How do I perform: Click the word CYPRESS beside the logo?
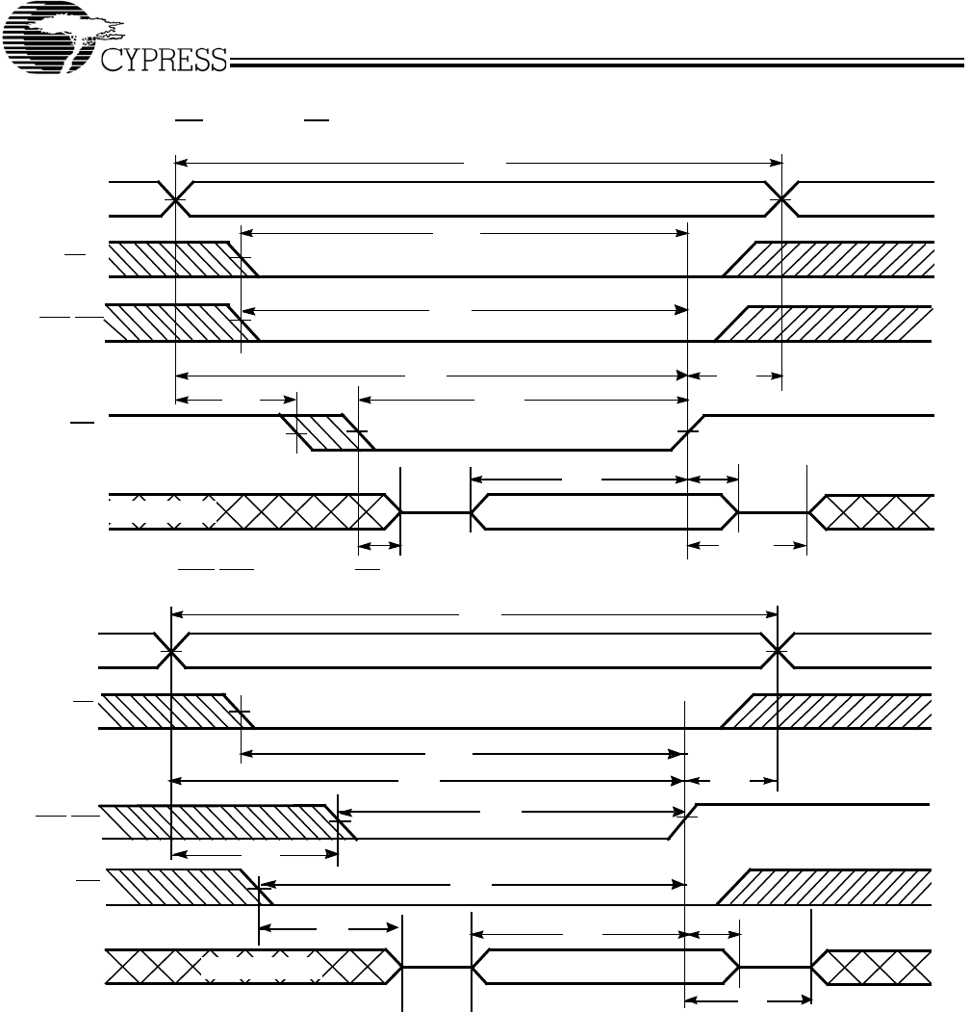click(x=164, y=63)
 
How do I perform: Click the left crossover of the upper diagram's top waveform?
click(x=176, y=199)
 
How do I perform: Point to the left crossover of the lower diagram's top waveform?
click(x=170, y=651)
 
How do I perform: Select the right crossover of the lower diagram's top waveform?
click(x=778, y=651)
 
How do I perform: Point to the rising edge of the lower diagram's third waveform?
click(x=682, y=820)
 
